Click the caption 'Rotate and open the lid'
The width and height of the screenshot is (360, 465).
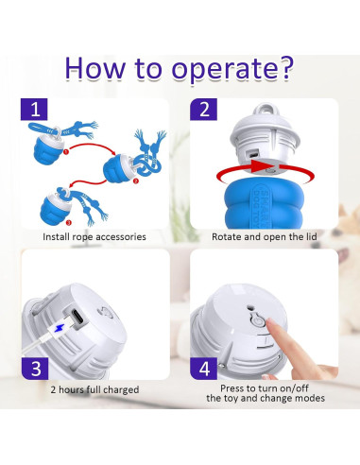[267, 236]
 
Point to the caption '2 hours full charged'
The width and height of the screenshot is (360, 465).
[93, 388]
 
